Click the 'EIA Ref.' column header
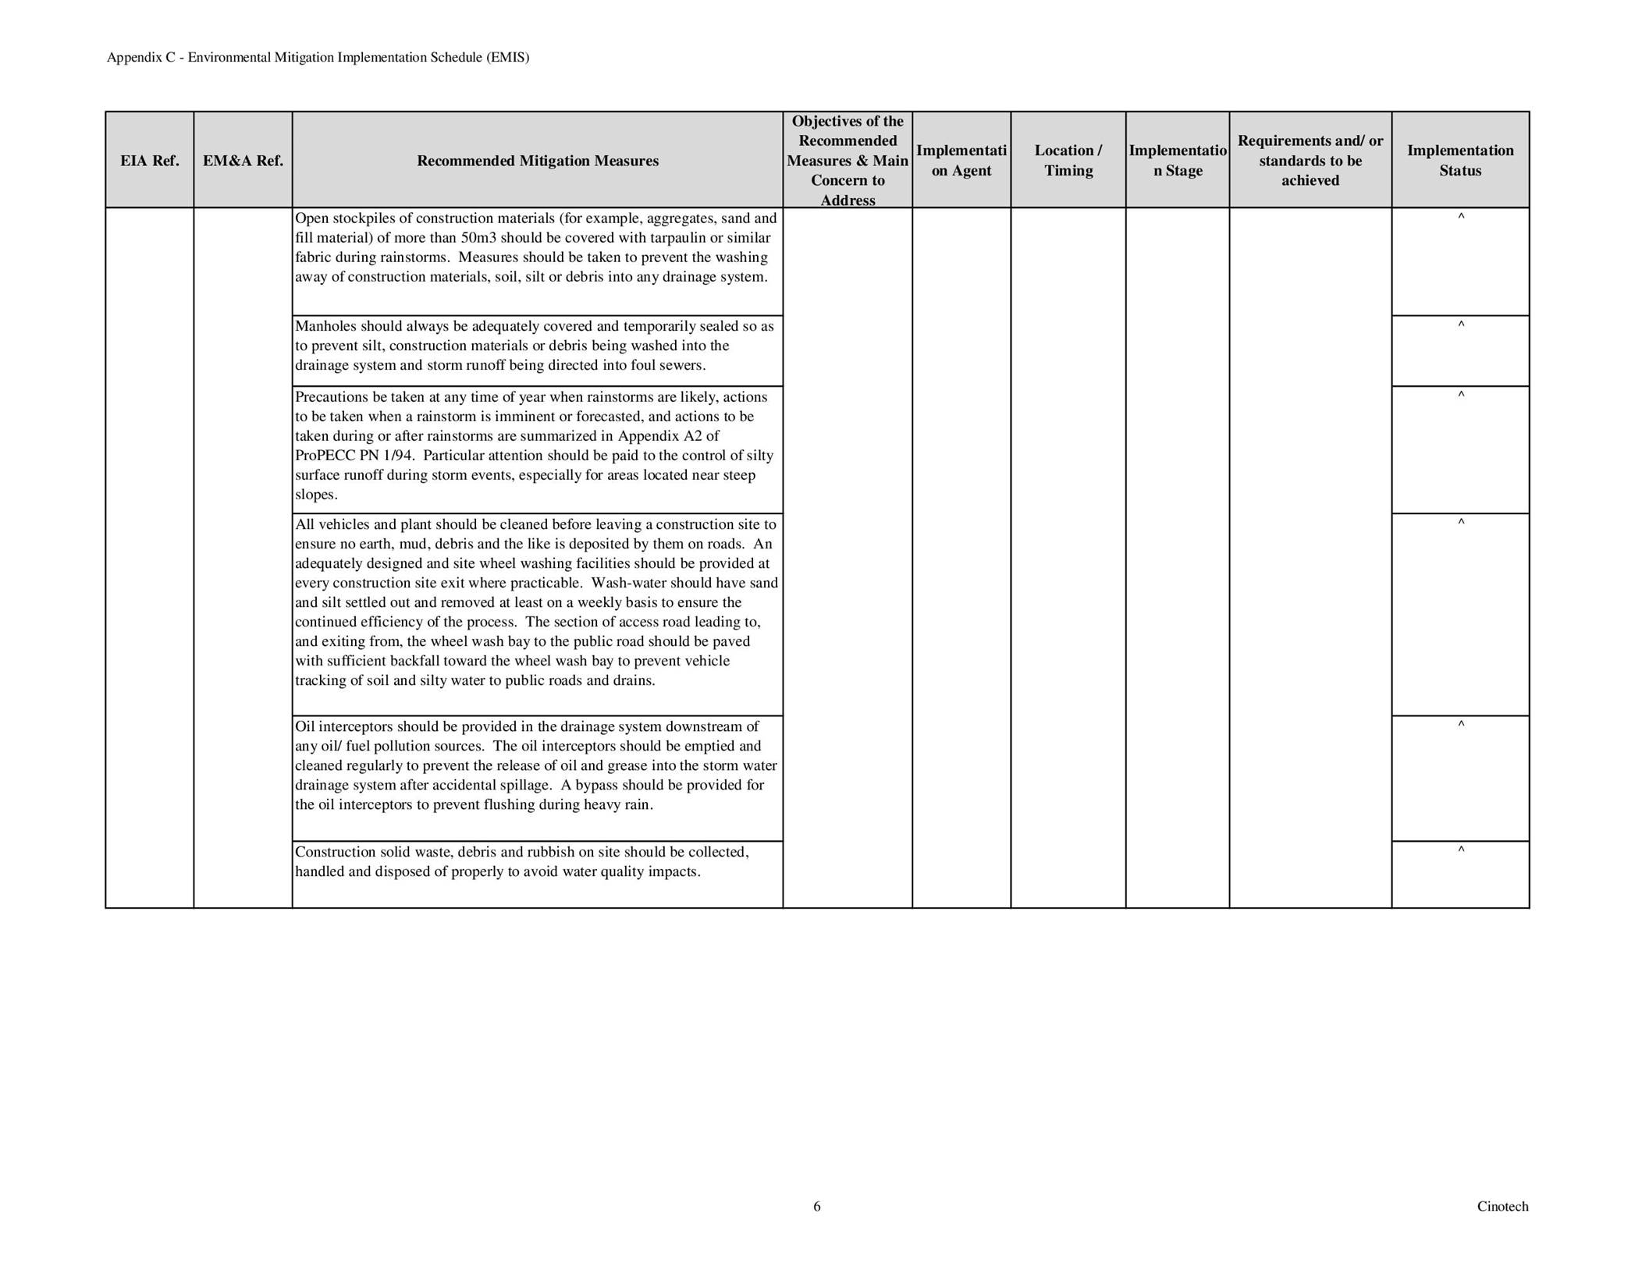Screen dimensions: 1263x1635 click(149, 161)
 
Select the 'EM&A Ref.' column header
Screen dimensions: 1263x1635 click(243, 161)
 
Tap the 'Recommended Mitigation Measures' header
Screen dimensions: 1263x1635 click(537, 161)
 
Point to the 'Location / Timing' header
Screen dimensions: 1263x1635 click(1068, 160)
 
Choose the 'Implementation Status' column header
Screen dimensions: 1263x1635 click(1459, 160)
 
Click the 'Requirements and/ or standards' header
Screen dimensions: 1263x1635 click(1310, 161)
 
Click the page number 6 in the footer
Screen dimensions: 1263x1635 click(817, 1207)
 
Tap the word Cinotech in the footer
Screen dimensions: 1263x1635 click(1502, 1207)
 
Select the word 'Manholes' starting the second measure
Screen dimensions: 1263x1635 click(322, 326)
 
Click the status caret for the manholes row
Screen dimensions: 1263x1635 click(1460, 325)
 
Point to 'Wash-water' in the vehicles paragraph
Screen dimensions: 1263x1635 click(624, 584)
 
